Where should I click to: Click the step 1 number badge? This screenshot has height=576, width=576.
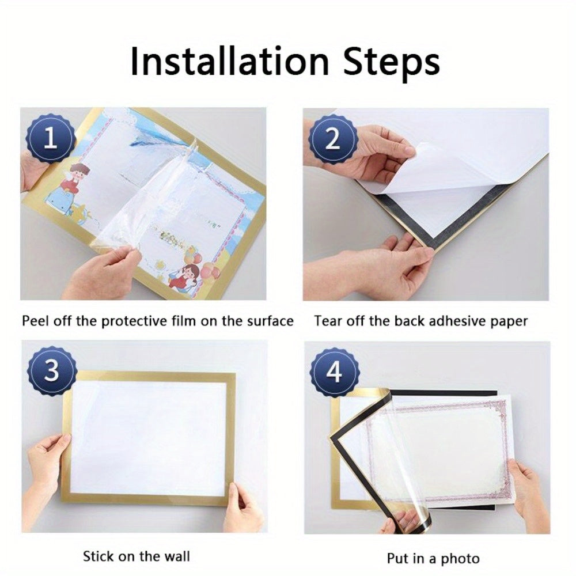[51, 139]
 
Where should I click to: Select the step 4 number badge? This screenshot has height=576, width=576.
[334, 373]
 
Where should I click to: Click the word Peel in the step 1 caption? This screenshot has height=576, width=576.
[35, 321]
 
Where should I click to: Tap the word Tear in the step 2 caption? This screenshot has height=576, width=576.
[328, 321]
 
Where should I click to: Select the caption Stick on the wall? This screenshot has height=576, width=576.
[137, 556]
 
